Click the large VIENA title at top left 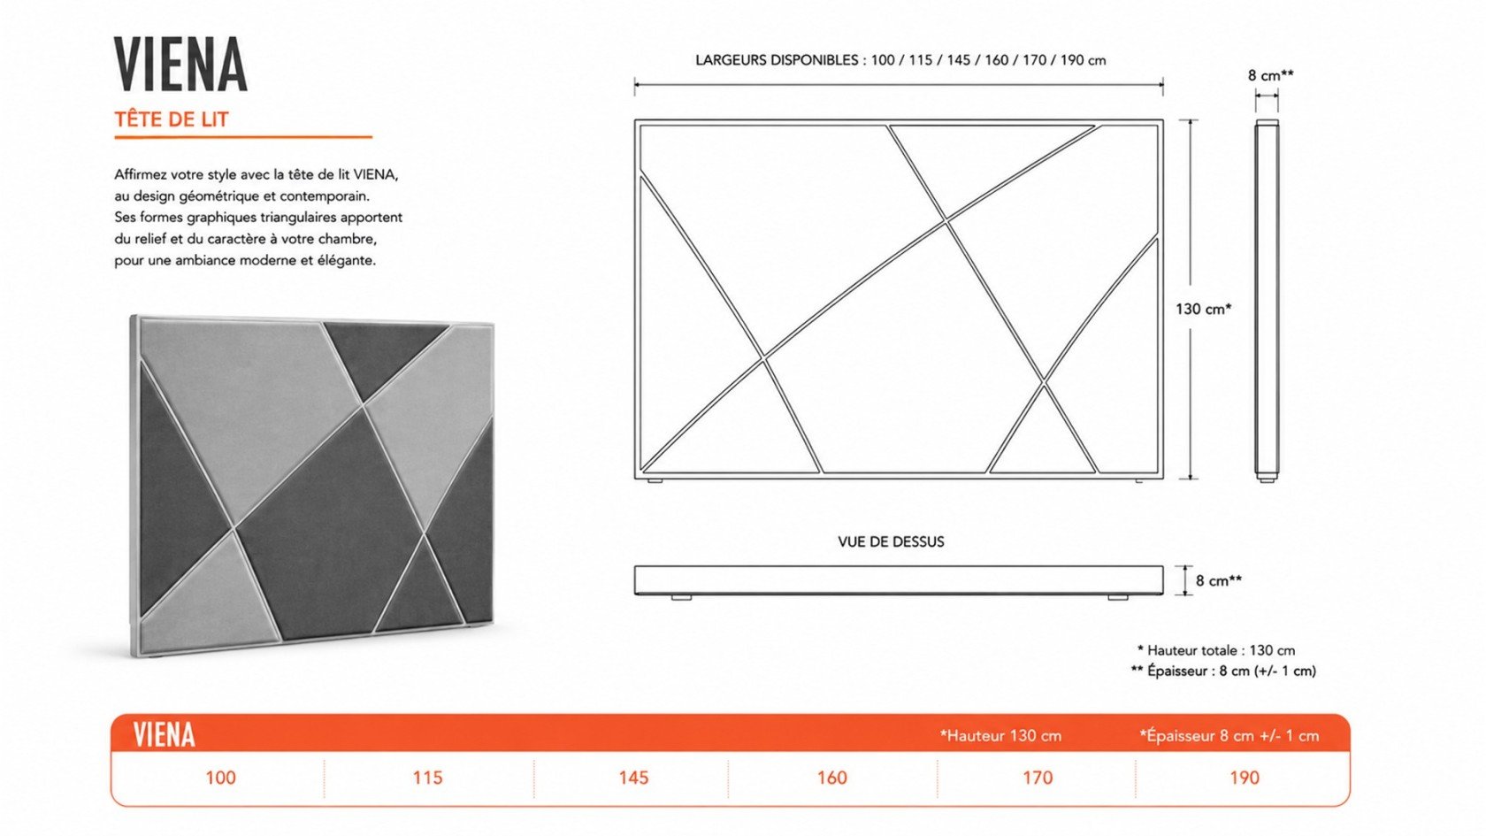click(180, 64)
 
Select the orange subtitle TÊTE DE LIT click(172, 119)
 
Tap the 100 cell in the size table click(221, 778)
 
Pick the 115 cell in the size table click(427, 778)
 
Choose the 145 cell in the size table click(633, 778)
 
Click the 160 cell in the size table click(831, 778)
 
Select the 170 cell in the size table click(1038, 778)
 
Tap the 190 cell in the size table click(1244, 778)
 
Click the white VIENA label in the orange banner click(164, 734)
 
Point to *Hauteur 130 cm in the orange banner click(1000, 736)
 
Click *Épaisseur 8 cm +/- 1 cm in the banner click(1229, 736)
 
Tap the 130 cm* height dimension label click(1203, 309)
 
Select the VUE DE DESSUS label click(891, 542)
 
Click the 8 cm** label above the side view click(1270, 76)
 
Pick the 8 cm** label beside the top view click(1219, 580)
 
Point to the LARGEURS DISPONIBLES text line click(900, 60)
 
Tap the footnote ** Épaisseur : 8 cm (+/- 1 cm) click(1223, 671)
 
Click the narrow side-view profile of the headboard click(1267, 301)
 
